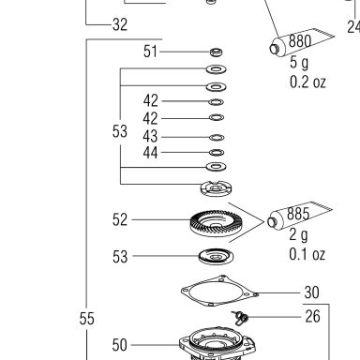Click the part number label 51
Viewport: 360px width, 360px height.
(150, 52)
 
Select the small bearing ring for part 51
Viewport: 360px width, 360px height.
(217, 52)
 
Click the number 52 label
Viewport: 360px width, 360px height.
(120, 219)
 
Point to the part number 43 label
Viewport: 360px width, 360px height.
(150, 137)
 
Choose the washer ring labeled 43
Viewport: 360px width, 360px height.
(217, 137)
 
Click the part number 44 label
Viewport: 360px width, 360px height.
(150, 153)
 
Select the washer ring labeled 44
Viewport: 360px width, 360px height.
(217, 153)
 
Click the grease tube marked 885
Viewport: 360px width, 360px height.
(298, 215)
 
